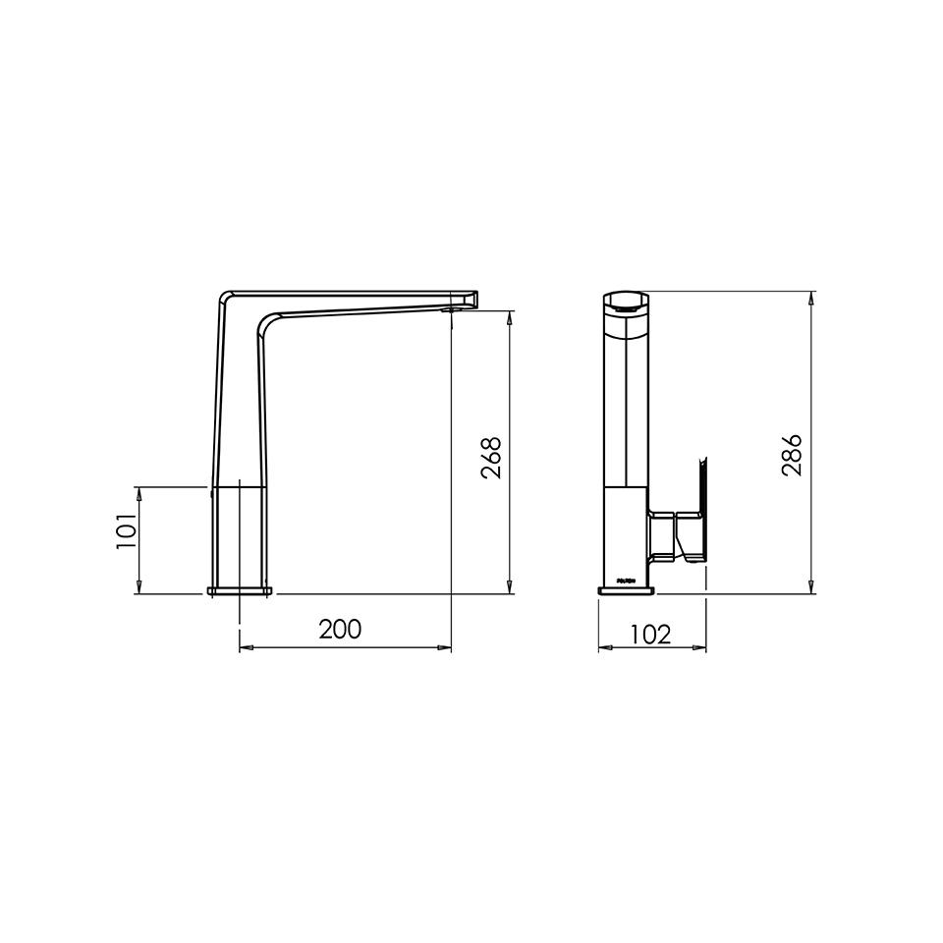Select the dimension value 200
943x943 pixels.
pyautogui.click(x=340, y=629)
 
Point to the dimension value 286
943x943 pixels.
pyautogui.click(x=792, y=455)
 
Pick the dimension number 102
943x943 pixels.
pyautogui.click(x=650, y=634)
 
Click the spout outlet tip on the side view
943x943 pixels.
pyautogui.click(x=471, y=299)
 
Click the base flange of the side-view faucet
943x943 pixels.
pyautogui.click(x=241, y=591)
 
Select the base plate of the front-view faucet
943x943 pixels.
pyautogui.click(x=624, y=590)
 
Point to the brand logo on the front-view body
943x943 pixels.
pyautogui.click(x=624, y=580)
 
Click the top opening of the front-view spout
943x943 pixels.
pyautogui.click(x=624, y=304)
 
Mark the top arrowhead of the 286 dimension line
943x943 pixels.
pyautogui.click(x=811, y=298)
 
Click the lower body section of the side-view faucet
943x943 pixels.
pyautogui.click(x=239, y=535)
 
